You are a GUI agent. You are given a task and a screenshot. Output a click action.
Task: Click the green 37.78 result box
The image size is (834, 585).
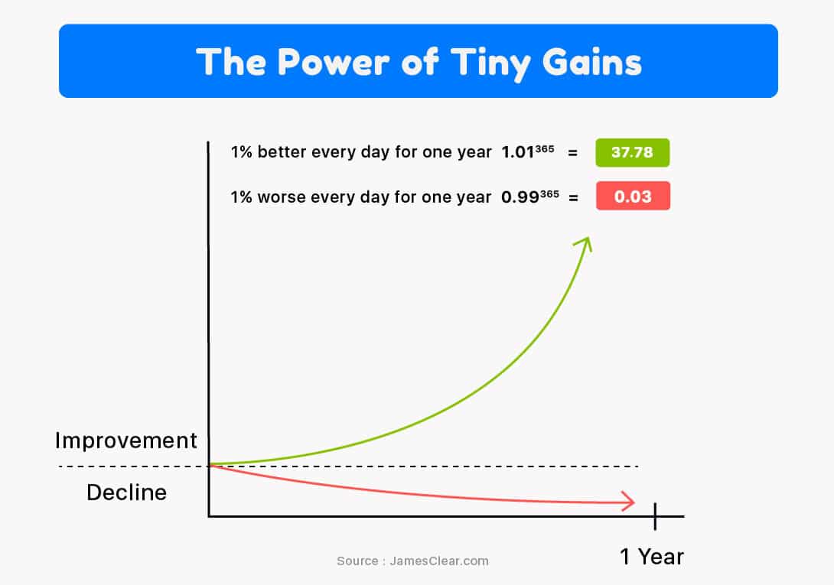pos(633,153)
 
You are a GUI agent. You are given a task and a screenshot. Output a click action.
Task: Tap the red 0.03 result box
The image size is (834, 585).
pos(633,196)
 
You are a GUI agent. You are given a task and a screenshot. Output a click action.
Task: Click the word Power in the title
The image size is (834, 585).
pos(334,62)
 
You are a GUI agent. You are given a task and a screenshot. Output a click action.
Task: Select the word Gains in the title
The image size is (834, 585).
pos(592,62)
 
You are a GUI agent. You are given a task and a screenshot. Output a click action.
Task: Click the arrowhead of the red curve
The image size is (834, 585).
pos(629,502)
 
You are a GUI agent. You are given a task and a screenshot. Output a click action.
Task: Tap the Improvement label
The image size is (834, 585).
pos(126,441)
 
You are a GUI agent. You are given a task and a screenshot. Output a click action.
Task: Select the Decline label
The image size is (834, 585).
pos(126,492)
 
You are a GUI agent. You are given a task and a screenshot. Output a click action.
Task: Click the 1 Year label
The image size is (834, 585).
pos(652,557)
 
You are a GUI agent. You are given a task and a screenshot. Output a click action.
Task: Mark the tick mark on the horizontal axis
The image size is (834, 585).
pos(655,516)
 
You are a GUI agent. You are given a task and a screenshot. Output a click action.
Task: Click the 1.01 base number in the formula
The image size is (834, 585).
pos(517,153)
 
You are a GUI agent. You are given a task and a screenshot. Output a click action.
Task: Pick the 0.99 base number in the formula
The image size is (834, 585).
pos(520,197)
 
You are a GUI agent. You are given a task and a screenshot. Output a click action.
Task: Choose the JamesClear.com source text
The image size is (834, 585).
pos(439,561)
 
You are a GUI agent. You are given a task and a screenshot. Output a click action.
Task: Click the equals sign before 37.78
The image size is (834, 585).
pos(573,153)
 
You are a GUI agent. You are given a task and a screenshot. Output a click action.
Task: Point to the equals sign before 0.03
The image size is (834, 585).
pos(573,198)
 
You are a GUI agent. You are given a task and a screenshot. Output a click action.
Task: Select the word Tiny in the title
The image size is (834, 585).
pos(490,63)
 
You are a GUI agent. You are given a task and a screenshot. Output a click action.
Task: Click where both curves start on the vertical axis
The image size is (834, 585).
pos(209,465)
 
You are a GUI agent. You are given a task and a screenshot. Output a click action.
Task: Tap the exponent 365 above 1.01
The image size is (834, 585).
pos(545,148)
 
